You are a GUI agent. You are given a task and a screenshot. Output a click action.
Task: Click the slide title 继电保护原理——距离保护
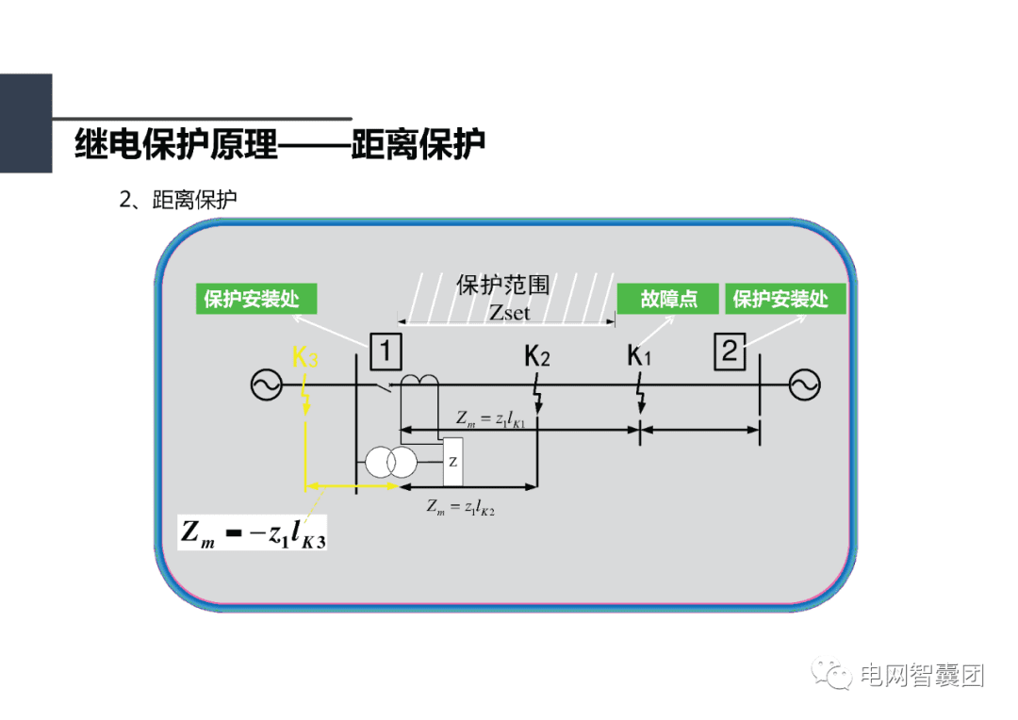click(x=279, y=145)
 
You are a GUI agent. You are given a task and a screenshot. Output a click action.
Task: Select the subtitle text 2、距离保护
click(x=177, y=200)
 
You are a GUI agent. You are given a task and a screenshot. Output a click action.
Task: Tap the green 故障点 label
click(x=669, y=300)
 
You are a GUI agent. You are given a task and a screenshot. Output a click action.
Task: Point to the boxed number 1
click(x=386, y=352)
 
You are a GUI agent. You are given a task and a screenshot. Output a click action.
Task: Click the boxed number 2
click(x=730, y=352)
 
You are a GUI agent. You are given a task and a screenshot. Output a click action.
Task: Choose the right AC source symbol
click(x=804, y=385)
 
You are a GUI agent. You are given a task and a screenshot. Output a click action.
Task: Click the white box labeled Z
click(x=453, y=462)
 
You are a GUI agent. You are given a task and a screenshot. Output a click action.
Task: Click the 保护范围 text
click(x=502, y=286)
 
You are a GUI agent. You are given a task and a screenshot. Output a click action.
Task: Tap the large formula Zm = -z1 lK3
click(x=254, y=534)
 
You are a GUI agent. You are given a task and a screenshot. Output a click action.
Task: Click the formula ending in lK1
click(x=490, y=419)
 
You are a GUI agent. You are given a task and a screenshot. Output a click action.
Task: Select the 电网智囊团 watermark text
click(x=922, y=676)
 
